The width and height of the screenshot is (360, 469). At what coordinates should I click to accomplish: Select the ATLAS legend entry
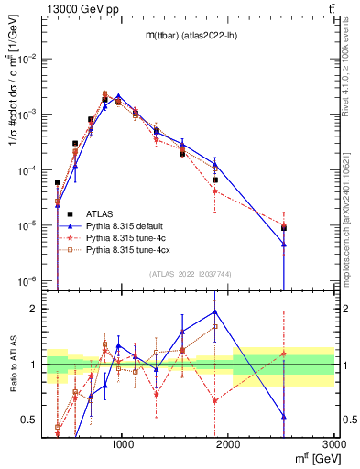point(97,212)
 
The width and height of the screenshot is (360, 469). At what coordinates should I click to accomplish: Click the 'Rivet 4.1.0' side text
point(351,69)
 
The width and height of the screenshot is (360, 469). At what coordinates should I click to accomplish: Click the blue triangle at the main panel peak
point(118,95)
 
